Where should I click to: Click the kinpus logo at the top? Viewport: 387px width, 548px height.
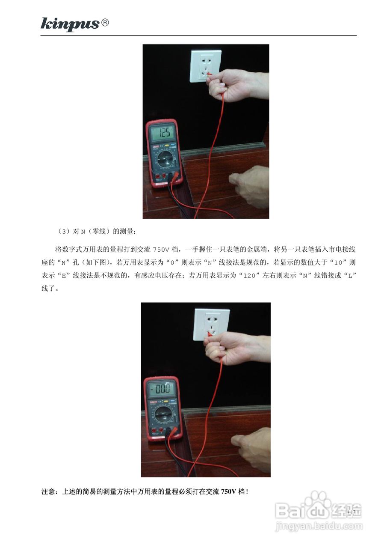coord(70,24)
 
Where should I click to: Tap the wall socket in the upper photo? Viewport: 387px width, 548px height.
coord(205,65)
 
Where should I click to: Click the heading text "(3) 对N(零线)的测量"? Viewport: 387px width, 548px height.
coord(97,232)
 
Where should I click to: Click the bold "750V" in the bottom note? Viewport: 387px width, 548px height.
coord(229,491)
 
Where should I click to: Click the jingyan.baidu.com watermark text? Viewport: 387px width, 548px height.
coord(319,526)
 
